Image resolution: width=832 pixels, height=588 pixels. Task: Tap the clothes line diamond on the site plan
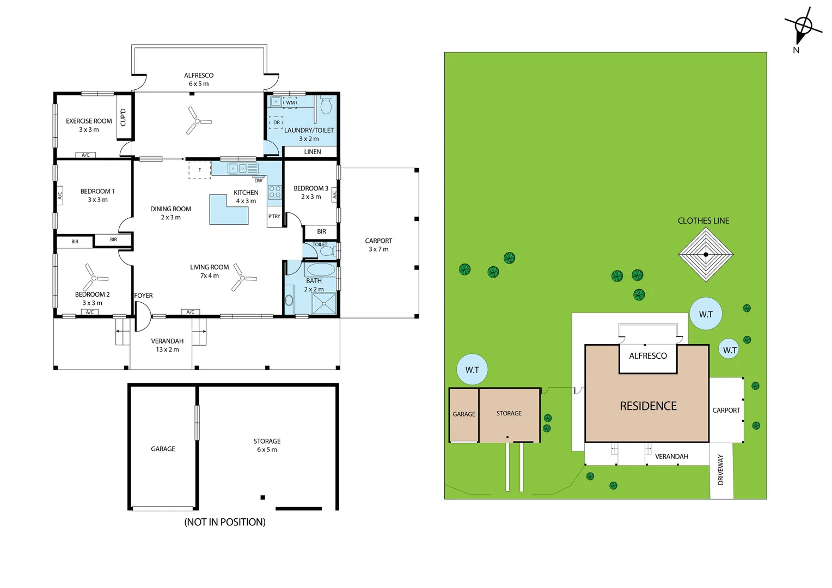coord(706,255)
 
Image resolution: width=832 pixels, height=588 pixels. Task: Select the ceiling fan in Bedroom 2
coord(94,278)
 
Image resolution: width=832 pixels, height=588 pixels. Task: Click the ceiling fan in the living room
coord(242,278)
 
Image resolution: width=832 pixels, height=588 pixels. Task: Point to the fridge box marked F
coord(199,170)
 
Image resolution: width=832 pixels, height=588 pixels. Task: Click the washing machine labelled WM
coord(290,102)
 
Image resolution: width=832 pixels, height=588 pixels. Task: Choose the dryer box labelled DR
coord(276,122)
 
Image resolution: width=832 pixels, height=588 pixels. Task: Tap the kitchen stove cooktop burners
coord(275,192)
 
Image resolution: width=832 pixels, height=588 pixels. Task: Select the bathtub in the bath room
coord(321,269)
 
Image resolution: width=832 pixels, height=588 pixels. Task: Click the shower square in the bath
coord(325,303)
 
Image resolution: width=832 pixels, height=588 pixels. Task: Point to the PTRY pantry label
coord(274,216)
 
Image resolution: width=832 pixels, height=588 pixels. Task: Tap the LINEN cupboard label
coord(313,151)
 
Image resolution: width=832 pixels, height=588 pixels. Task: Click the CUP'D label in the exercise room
coord(123,118)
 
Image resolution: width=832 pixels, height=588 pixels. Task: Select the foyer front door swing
coord(142,316)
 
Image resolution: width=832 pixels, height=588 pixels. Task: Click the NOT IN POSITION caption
coord(225,522)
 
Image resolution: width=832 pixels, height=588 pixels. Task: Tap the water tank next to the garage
coord(472,369)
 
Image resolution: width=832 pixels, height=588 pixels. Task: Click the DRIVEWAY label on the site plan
coord(720,469)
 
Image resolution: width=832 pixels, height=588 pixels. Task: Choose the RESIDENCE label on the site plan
coord(648,406)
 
